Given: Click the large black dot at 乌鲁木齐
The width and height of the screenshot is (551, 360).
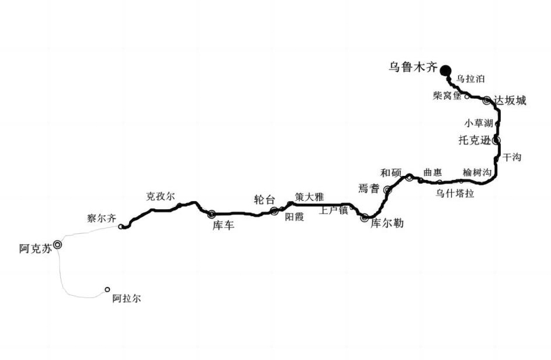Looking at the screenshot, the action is (446, 70).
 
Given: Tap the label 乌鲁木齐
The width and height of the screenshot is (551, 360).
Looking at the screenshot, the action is (413, 67).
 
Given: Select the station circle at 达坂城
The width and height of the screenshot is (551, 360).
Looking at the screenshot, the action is (487, 101).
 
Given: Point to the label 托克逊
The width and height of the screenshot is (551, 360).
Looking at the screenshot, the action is (474, 140).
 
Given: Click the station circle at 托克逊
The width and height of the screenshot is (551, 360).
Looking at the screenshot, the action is (497, 140).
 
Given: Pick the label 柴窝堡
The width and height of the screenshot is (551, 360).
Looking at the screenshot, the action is (447, 95).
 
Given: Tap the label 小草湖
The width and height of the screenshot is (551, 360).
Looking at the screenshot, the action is (479, 123).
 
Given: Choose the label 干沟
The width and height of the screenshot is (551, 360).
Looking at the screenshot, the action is (512, 157).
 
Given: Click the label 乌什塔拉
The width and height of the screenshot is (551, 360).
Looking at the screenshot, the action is (455, 193).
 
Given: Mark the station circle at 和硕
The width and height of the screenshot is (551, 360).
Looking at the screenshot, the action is (410, 177).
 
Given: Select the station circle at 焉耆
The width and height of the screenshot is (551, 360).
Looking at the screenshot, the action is (387, 190).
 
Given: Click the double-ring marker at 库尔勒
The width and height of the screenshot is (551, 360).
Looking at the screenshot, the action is (365, 218).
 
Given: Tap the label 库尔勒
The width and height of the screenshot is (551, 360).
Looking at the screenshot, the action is (387, 223).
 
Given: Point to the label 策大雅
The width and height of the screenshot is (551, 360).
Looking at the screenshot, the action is (309, 197).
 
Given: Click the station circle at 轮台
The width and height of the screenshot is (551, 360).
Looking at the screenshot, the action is (274, 211).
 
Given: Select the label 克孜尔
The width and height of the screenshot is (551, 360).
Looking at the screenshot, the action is (160, 196).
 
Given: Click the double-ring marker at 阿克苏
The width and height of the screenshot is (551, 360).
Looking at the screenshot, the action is (58, 245).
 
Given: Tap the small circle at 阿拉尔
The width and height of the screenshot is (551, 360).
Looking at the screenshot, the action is (107, 289).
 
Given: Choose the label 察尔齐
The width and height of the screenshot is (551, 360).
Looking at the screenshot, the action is (102, 219).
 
